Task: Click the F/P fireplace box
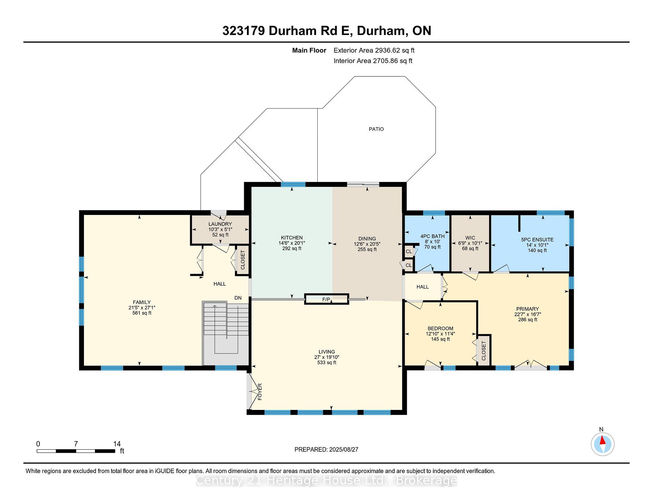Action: [326, 299]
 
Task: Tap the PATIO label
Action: [376, 129]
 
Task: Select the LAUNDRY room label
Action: [220, 224]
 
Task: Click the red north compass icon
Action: [602, 444]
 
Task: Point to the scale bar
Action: [76, 451]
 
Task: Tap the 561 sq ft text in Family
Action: [142, 313]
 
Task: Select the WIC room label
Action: [470, 238]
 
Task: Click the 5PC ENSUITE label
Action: [537, 239]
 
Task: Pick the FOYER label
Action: [260, 392]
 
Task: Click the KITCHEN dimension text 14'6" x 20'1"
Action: [292, 243]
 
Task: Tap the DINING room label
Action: [367, 238]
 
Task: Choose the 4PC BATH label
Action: [432, 236]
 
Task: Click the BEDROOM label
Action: [440, 328]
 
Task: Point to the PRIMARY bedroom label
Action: [528, 309]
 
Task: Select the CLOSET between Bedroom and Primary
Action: [484, 351]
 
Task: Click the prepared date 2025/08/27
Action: [344, 449]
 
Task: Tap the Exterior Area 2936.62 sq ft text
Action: [374, 50]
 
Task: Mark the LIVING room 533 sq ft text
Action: [327, 362]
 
